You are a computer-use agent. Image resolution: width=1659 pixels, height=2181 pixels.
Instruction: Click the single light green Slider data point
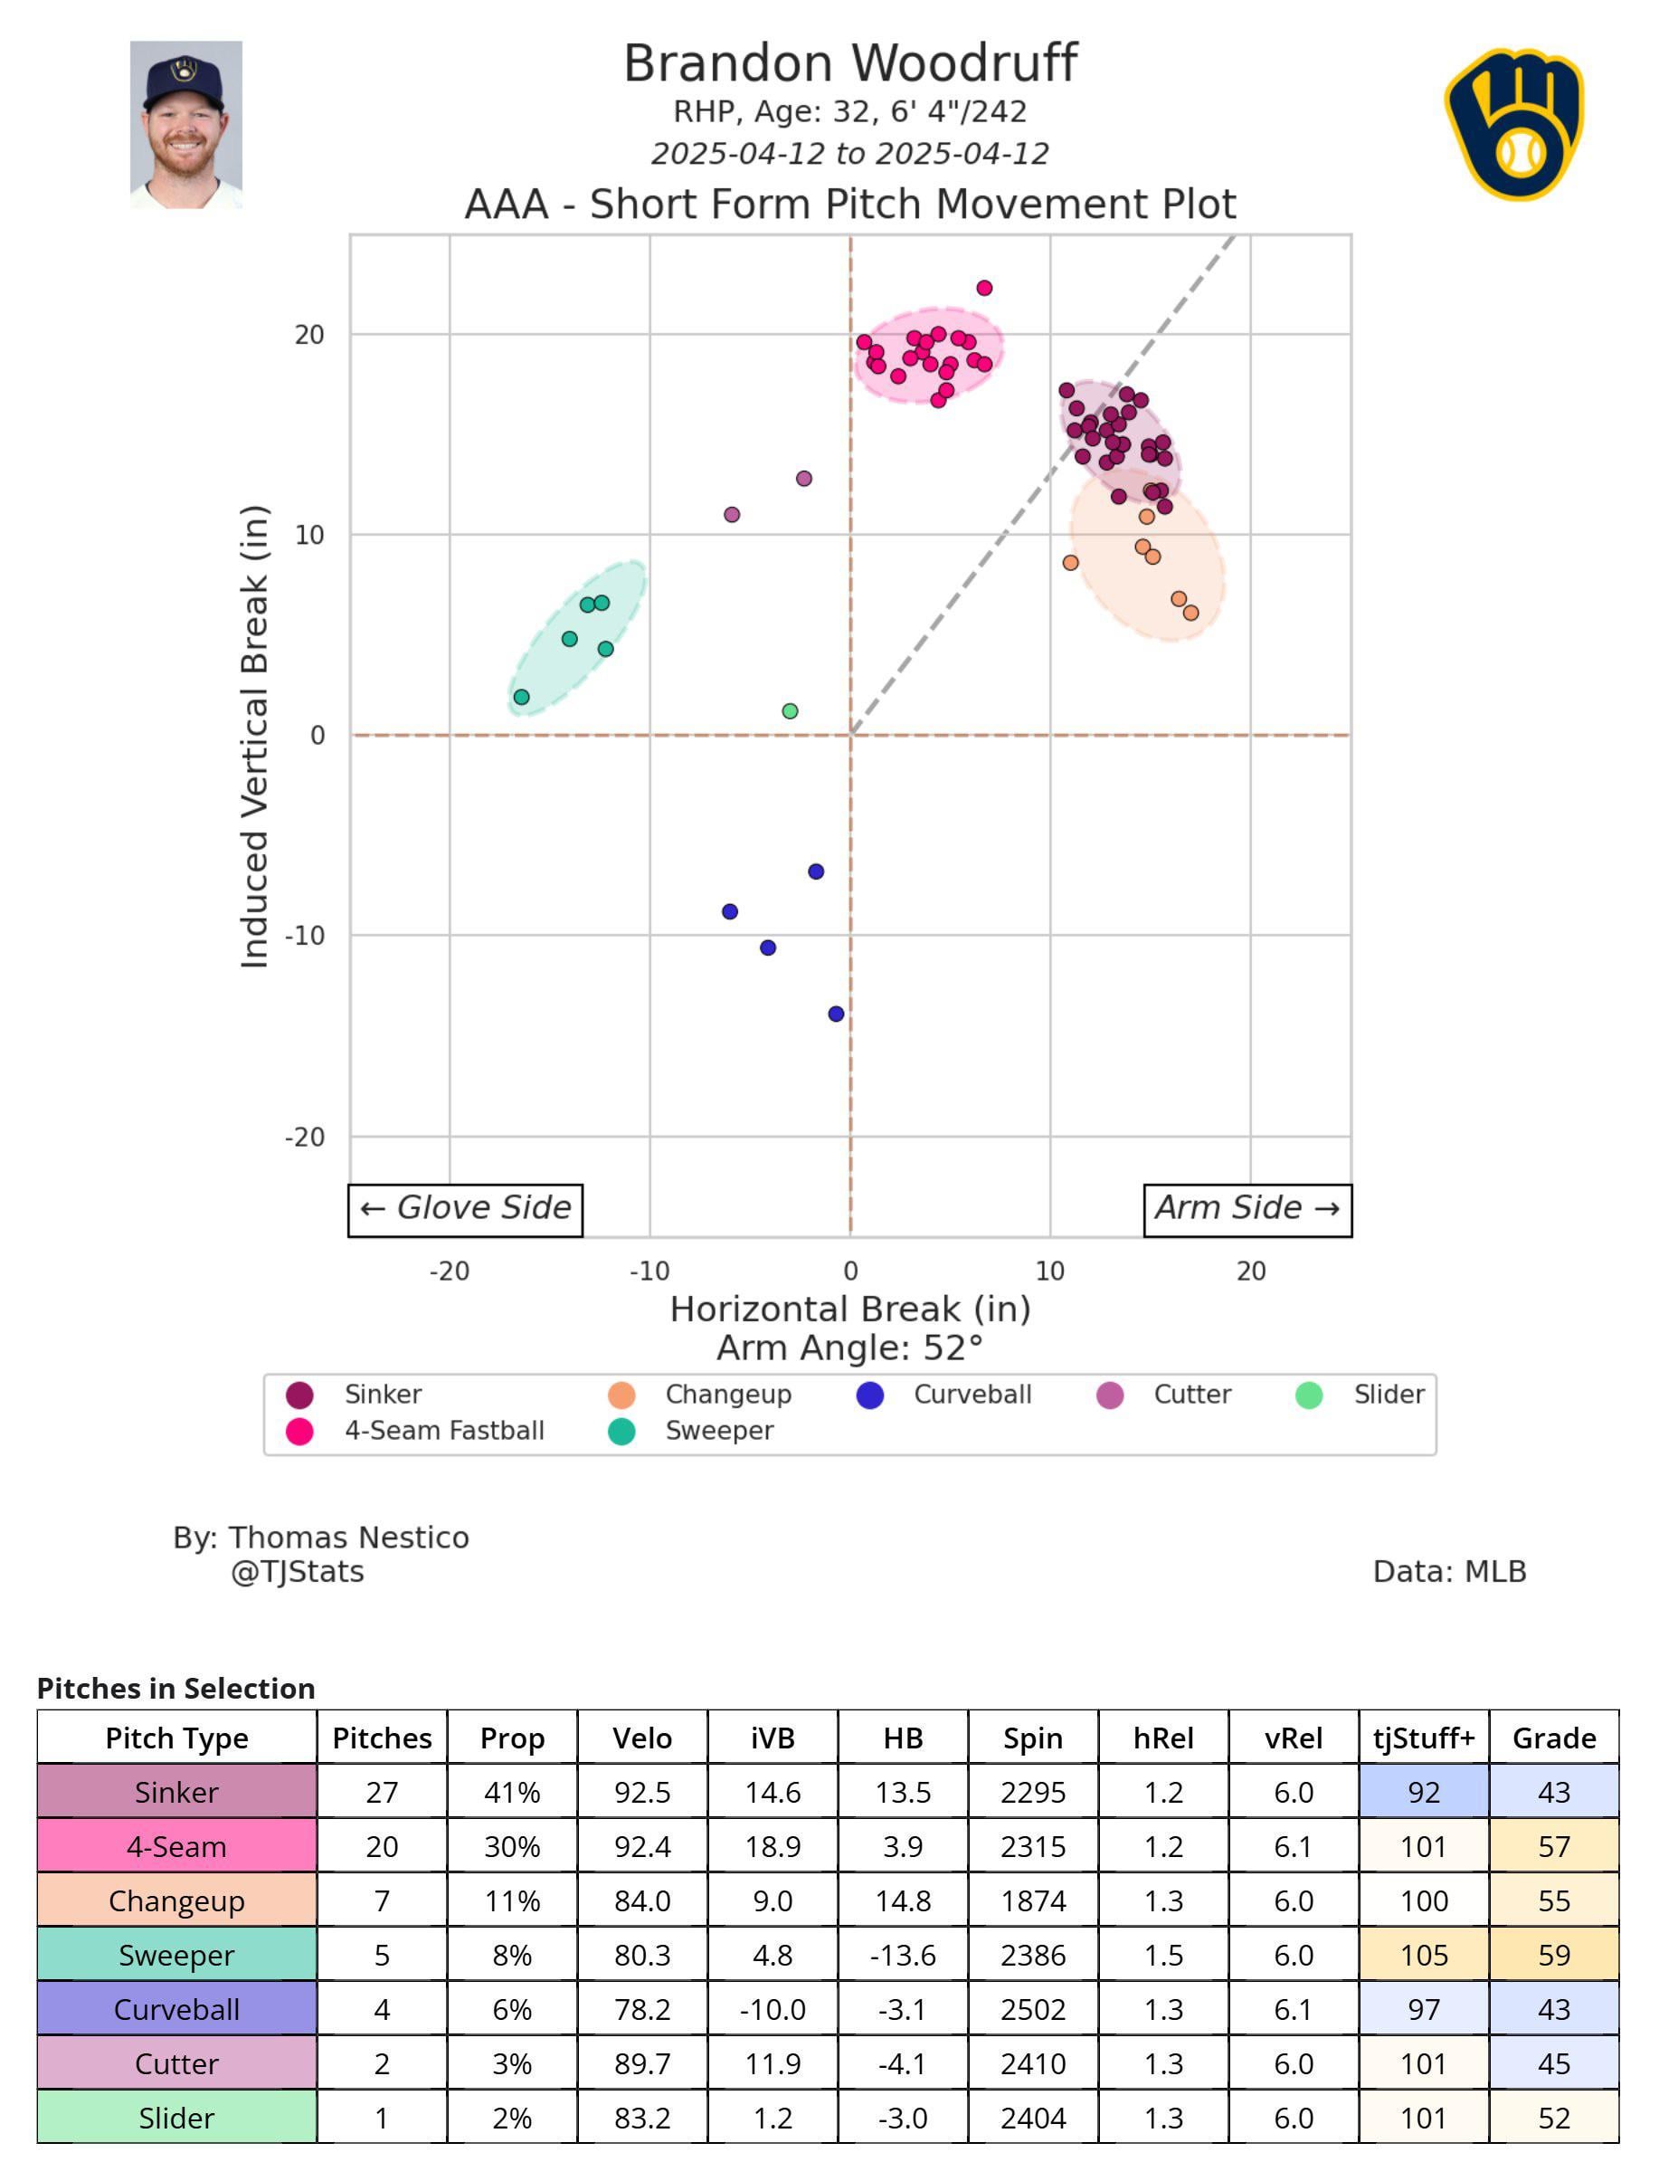(x=790, y=711)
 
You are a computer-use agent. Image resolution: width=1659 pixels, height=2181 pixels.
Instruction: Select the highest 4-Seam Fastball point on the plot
(x=984, y=289)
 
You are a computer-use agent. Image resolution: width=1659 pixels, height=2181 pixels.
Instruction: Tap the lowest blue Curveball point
(x=837, y=1014)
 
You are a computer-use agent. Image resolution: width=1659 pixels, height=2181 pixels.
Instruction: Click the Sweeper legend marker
(x=621, y=1432)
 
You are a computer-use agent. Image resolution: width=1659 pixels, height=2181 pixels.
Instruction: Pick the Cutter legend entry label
(x=1192, y=1395)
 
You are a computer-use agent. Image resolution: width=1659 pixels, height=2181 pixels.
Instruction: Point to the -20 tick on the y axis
(x=305, y=1137)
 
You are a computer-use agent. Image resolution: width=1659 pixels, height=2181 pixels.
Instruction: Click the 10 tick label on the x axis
(x=1049, y=1271)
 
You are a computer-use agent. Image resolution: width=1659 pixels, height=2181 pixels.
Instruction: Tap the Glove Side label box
(x=465, y=1209)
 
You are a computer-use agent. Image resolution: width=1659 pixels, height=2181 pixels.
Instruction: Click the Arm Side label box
(x=1247, y=1209)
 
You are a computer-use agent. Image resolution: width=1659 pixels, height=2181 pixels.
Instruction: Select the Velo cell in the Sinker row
(x=642, y=1792)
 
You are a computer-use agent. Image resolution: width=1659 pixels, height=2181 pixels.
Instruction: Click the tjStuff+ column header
(x=1423, y=1738)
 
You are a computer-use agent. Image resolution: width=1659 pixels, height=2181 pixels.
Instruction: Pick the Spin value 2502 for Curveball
(x=1033, y=2009)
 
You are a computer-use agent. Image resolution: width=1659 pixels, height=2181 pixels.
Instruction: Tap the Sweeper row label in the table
(x=176, y=1955)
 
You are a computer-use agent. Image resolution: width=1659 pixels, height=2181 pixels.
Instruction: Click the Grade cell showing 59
(x=1553, y=1955)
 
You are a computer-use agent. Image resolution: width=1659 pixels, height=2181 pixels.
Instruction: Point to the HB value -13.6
(x=903, y=1955)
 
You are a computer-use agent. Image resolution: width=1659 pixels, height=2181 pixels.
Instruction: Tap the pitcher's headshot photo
(x=185, y=125)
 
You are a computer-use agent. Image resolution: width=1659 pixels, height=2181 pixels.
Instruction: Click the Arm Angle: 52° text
(x=849, y=1348)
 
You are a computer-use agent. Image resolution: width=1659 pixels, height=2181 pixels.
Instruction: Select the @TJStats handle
(x=298, y=1572)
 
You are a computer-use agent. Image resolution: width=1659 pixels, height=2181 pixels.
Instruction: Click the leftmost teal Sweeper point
(x=521, y=698)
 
